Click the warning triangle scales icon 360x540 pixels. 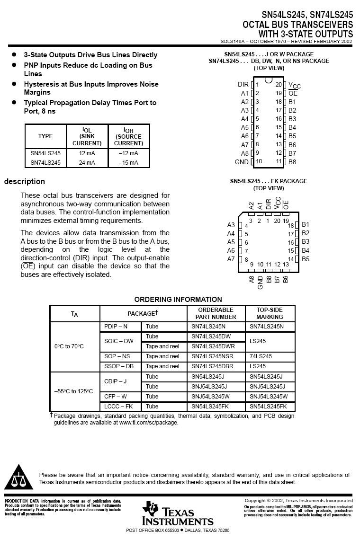pos(18,478)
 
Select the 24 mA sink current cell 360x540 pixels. pos(87,163)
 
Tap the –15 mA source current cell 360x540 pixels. pos(128,163)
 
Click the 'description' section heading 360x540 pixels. pos(25,181)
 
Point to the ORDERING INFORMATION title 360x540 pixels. pos(178,299)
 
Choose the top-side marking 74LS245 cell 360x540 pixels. pos(261,356)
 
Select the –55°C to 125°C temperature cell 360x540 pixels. pos(73,391)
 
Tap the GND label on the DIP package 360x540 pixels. pos(242,162)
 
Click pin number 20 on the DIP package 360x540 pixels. pos(279,85)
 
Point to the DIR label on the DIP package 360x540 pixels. pos(243,85)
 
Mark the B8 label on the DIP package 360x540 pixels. pos(292,162)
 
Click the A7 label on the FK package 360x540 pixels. pos(231,259)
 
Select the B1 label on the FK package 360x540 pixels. pos(306,224)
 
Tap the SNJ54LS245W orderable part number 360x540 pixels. pos(210,397)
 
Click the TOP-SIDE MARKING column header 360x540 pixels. pos(270,313)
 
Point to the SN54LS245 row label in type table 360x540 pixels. pos(45,153)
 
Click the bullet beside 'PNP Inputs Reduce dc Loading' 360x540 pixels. pos(14,65)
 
